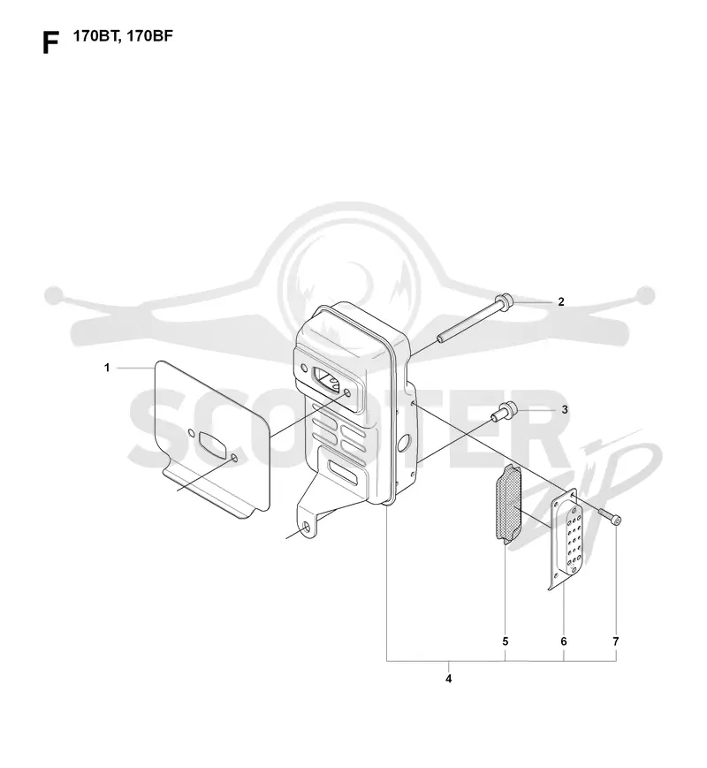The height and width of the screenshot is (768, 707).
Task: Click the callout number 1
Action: [x=107, y=368]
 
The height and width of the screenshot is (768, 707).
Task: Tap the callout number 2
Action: [x=561, y=301]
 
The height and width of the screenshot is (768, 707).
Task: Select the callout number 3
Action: [x=565, y=409]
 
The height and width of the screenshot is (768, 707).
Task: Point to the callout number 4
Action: [x=448, y=679]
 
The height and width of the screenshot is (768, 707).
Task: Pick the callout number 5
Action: [x=506, y=641]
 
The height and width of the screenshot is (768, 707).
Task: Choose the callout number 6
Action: [x=564, y=641]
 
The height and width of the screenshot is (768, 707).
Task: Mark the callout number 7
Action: [x=616, y=641]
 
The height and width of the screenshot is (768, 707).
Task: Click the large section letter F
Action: [x=50, y=42]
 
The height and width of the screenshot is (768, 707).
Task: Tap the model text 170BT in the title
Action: [x=95, y=37]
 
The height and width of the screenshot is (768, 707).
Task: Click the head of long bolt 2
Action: [x=504, y=300]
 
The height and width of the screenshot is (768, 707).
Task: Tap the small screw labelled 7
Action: [x=610, y=517]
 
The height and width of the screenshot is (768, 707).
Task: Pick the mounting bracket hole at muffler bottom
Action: [x=308, y=528]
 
